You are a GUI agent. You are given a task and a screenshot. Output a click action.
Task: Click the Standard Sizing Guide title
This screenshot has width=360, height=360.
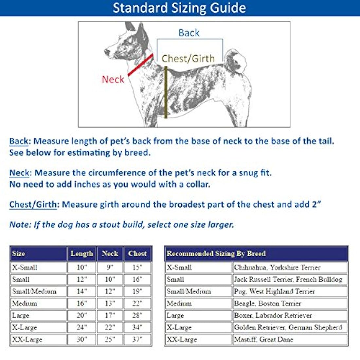pyautogui.click(x=179, y=8)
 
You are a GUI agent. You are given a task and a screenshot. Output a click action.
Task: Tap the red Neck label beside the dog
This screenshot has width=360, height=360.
pyautogui.click(x=113, y=79)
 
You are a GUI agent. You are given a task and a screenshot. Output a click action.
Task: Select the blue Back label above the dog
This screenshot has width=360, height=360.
pyautogui.click(x=189, y=33)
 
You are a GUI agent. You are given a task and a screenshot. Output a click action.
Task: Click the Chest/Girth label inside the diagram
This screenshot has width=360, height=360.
pyautogui.click(x=188, y=59)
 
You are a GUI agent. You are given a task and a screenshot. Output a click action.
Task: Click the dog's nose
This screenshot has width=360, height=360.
pyautogui.click(x=106, y=52)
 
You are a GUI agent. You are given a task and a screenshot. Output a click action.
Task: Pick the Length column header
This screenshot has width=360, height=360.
pyautogui.click(x=81, y=254)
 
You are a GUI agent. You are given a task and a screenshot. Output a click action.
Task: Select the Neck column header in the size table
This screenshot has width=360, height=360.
pyautogui.click(x=110, y=254)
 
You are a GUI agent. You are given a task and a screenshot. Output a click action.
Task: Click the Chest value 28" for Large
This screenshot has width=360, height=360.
pyautogui.click(x=137, y=315)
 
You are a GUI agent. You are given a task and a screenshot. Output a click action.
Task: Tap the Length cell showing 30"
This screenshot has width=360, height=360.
pyautogui.click(x=81, y=339)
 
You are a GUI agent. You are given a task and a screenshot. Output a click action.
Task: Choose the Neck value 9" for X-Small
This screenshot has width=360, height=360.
pyautogui.click(x=110, y=267)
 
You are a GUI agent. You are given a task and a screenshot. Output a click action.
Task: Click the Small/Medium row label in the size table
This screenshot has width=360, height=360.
pyautogui.click(x=34, y=291)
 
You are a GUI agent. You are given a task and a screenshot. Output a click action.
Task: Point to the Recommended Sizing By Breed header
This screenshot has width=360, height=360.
pyautogui.click(x=216, y=254)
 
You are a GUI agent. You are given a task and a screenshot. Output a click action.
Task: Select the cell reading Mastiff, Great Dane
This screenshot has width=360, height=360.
pyautogui.click(x=263, y=339)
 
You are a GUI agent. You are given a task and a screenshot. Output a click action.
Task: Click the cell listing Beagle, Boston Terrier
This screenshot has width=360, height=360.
pyautogui.click(x=267, y=303)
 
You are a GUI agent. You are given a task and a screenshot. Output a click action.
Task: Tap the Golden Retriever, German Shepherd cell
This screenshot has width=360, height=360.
pyautogui.click(x=288, y=327)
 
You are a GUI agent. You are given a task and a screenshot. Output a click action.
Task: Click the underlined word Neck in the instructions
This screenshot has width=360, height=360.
pyautogui.click(x=19, y=173)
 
